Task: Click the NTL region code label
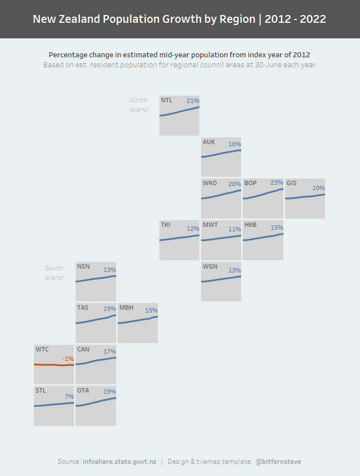tap(167, 101)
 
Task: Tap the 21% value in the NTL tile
tap(193, 101)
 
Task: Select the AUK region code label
tap(209, 142)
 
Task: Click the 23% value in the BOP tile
tap(277, 182)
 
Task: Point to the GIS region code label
tap(292, 183)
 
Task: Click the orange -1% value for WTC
tap(68, 359)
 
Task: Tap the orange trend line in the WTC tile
tap(54, 365)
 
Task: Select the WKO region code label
tap(210, 183)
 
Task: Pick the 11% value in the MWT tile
tap(234, 229)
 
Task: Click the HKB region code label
tap(251, 225)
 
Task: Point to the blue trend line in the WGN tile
tap(221, 279)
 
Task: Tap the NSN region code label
tap(83, 266)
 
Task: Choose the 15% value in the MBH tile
tap(151, 311)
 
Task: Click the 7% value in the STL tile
tap(69, 396)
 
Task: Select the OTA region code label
tap(83, 391)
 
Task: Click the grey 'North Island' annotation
tap(138, 105)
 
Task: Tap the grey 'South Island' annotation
tap(54, 272)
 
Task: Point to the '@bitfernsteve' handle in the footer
tap(278, 462)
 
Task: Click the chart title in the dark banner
tap(179, 19)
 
